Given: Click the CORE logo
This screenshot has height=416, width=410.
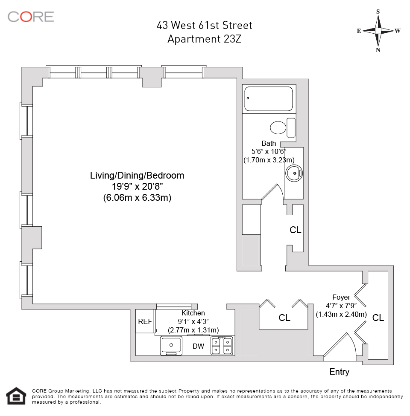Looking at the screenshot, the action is click(x=31, y=17).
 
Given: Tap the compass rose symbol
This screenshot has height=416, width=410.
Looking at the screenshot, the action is click(x=378, y=31).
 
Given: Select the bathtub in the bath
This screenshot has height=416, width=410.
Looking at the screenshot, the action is click(x=268, y=99).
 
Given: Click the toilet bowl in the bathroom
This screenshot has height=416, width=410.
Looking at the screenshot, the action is click(x=278, y=127).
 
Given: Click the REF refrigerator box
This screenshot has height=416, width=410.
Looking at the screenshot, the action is click(x=145, y=321).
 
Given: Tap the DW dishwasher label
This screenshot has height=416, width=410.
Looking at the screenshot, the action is click(x=198, y=346).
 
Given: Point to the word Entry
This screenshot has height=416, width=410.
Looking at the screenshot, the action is click(x=339, y=372).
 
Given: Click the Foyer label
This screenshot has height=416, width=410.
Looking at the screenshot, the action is click(x=341, y=297).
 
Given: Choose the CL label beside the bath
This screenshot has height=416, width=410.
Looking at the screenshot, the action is click(x=296, y=230).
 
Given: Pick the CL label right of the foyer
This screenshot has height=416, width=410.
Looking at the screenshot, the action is click(x=378, y=318).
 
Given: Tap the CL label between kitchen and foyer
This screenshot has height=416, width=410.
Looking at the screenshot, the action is click(x=284, y=318).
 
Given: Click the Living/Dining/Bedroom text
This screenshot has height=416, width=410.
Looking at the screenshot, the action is click(x=137, y=176).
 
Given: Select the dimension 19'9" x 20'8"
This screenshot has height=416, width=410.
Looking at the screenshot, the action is click(x=137, y=187).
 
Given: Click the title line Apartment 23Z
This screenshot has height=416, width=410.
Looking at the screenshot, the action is click(x=204, y=39).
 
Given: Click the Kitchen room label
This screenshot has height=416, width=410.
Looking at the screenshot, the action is click(x=193, y=313).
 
